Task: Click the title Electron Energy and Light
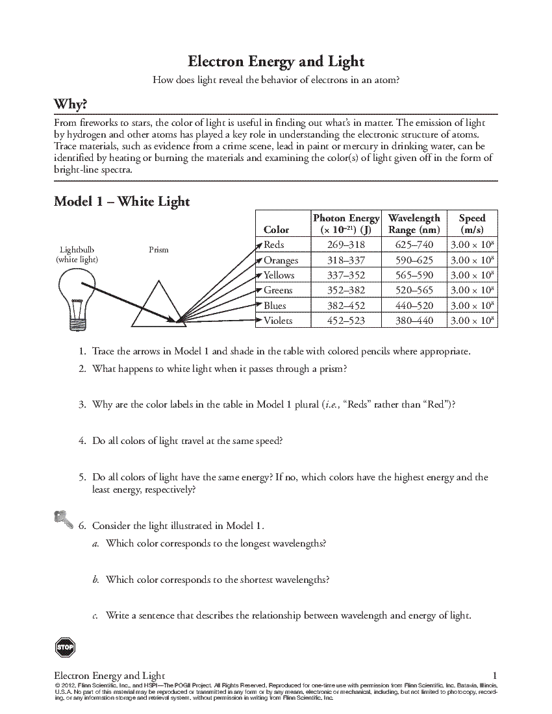coord(276,62)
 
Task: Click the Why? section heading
coord(70,105)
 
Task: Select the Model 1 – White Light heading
coord(121,201)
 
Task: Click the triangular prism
coord(157,304)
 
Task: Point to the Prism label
coord(158,249)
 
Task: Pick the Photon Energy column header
coord(346,224)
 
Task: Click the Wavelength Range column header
coord(414,224)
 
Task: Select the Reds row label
coord(274,245)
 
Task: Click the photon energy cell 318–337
coord(346,260)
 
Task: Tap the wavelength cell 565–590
coord(414,275)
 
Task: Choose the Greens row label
coord(278,290)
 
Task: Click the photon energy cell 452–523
coord(346,321)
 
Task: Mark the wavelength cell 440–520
coord(414,305)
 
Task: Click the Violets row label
coord(278,321)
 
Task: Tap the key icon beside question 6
coord(63,519)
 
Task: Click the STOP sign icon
coord(65,647)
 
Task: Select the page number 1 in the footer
coord(495,676)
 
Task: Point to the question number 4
coord(82,441)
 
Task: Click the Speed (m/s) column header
coord(472,224)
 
